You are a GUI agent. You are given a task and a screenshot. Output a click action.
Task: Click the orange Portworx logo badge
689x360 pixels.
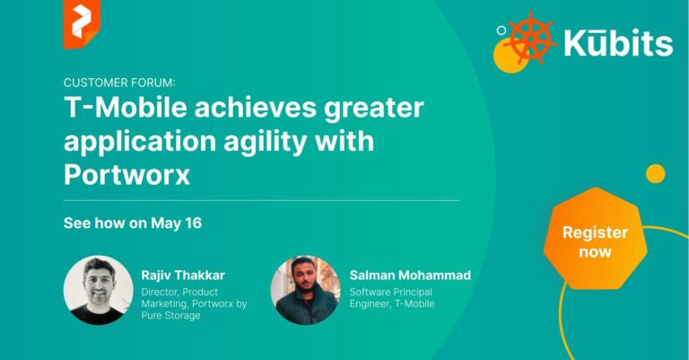point(82,23)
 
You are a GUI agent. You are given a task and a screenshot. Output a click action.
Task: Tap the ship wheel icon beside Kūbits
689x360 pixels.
point(530,39)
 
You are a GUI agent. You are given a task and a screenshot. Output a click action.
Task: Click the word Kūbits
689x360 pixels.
point(618,43)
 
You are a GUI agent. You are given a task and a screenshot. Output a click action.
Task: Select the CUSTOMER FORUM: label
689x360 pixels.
point(119,83)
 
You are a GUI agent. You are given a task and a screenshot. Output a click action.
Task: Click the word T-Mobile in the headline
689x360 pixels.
point(126,108)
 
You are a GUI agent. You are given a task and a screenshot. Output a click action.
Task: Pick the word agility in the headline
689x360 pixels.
point(269,143)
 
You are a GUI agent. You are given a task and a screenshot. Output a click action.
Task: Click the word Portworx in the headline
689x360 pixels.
point(127,175)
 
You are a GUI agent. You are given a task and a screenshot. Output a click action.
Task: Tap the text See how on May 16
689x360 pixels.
point(133,223)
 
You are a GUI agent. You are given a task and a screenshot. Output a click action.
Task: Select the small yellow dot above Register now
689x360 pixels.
point(655,173)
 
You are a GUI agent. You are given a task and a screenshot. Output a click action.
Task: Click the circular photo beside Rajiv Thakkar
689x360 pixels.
point(99,290)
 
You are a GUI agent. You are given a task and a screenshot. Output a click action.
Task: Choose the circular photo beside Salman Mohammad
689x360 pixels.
point(305,290)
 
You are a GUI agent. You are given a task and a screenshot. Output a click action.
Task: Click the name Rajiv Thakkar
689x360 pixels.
point(183,276)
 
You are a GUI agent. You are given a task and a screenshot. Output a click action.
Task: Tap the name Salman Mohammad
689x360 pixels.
point(410,276)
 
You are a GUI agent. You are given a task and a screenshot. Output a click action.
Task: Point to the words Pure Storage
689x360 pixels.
point(170,316)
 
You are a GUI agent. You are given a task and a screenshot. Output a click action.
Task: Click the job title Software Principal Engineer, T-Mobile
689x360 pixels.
point(392,298)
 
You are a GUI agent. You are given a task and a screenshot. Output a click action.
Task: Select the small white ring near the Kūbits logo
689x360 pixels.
point(501,31)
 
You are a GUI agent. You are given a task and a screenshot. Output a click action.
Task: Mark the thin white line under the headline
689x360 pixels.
point(262,200)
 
